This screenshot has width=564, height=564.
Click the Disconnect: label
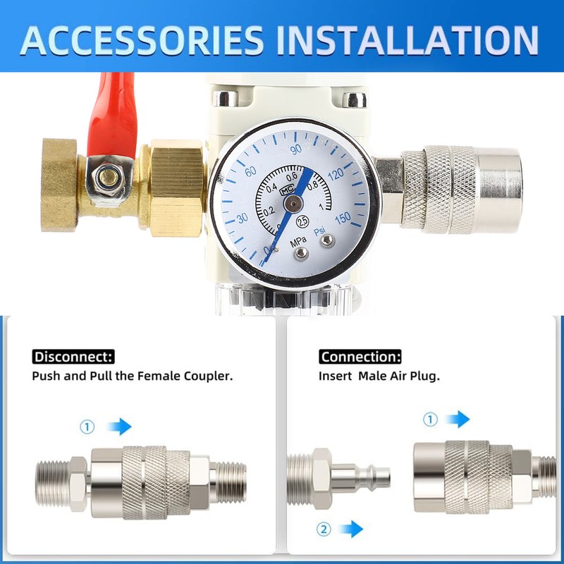(73, 357)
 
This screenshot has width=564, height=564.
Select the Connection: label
(360, 357)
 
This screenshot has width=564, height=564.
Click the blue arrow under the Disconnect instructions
(120, 426)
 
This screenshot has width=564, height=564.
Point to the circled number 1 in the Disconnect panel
(87, 427)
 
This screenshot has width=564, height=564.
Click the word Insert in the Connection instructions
(335, 376)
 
